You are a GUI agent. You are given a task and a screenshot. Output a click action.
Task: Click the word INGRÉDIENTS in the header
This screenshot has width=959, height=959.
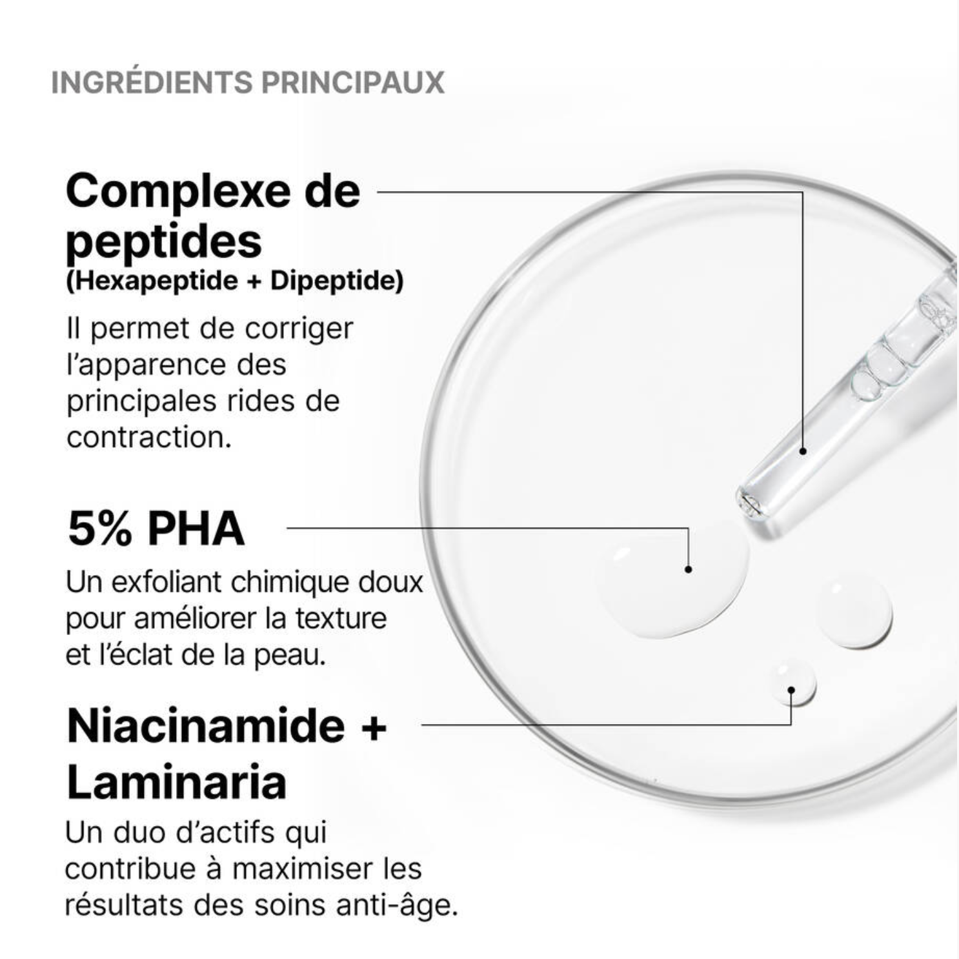(152, 82)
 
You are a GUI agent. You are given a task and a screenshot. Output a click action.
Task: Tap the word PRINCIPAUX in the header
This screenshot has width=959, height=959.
(353, 83)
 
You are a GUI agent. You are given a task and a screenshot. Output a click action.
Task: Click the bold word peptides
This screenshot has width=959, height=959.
(164, 243)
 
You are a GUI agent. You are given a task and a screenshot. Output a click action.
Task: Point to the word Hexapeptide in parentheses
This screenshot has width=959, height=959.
(157, 281)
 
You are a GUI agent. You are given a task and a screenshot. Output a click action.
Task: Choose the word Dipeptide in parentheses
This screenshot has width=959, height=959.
(334, 281)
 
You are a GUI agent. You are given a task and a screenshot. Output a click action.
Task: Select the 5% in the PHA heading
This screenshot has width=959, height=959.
(100, 529)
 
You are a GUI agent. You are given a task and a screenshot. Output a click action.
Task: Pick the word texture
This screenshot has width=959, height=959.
(341, 618)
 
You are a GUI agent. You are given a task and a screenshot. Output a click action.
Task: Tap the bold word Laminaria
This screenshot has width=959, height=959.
(176, 782)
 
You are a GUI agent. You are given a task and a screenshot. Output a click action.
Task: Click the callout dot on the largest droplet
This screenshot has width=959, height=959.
(688, 569)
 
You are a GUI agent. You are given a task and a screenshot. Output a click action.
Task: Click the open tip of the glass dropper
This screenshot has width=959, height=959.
(749, 502)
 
